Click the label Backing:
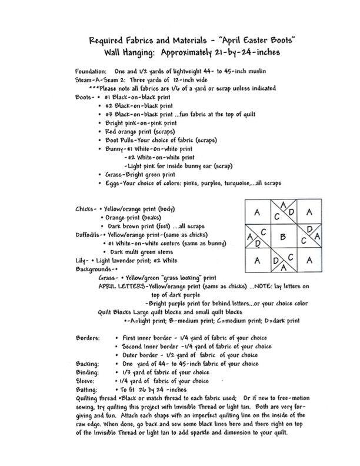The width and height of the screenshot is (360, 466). (x=88, y=364)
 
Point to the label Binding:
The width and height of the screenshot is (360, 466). (x=88, y=372)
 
